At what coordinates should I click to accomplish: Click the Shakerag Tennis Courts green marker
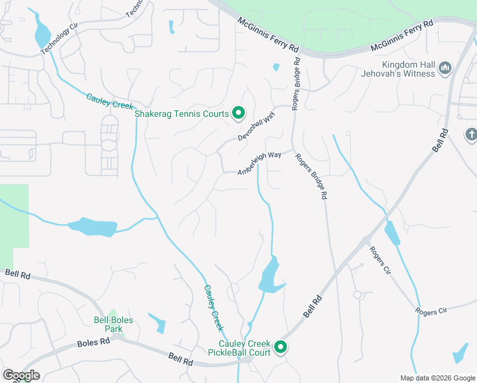click(238, 114)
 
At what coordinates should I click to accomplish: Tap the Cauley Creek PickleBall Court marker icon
click(280, 347)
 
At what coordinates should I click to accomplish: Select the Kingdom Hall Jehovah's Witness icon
click(446, 68)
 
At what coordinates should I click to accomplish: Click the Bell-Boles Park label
click(104, 324)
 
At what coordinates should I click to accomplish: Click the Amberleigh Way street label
click(260, 164)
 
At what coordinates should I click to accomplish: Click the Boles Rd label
click(93, 342)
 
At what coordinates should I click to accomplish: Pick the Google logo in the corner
click(21, 375)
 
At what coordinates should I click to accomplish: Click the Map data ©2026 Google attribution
click(437, 378)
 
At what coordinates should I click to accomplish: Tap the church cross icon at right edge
click(471, 135)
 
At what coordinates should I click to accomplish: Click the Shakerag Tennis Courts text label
click(182, 114)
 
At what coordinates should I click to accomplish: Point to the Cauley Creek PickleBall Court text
click(239, 347)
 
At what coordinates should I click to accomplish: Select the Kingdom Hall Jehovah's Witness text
click(409, 69)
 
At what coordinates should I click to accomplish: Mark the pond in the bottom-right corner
click(460, 354)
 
